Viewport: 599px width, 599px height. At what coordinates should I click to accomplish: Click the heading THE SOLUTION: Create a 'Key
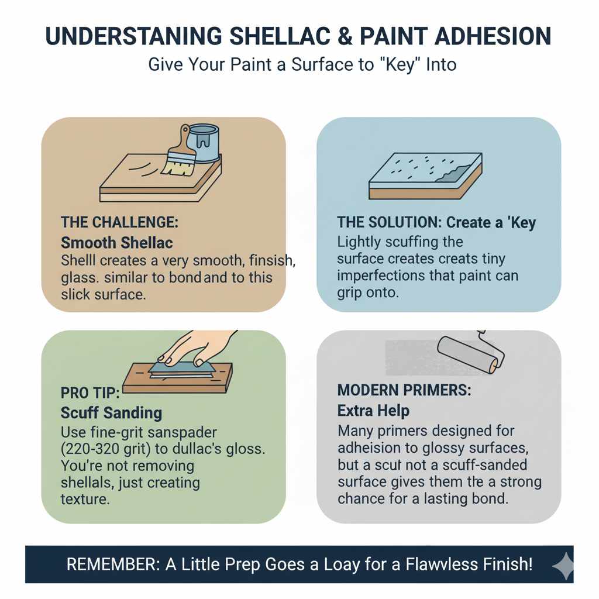pyautogui.click(x=436, y=223)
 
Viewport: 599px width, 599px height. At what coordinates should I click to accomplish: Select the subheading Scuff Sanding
pyautogui.click(x=111, y=412)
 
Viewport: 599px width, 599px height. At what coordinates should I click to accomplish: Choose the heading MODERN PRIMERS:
pyautogui.click(x=404, y=390)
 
